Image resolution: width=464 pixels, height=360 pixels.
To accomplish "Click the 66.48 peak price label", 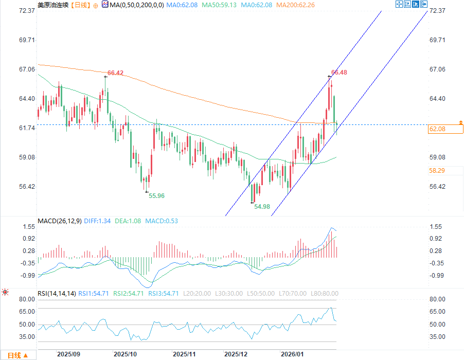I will (x=340, y=73).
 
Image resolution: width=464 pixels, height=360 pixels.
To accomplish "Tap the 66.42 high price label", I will (x=116, y=73).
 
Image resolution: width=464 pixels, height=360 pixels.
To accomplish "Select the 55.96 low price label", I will (x=156, y=195).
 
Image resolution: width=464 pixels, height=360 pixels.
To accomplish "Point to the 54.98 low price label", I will (x=262, y=206).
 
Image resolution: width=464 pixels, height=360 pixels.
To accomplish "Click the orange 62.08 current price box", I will (x=441, y=129).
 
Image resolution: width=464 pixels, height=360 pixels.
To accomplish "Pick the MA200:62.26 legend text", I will (x=296, y=5).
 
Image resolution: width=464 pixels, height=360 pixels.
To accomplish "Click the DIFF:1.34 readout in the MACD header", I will (x=100, y=221).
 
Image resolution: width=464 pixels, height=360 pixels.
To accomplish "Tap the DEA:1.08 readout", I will (x=131, y=221).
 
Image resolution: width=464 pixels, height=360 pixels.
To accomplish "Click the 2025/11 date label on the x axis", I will (x=185, y=354).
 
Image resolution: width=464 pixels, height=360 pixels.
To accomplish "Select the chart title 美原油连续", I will (x=53, y=5).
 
